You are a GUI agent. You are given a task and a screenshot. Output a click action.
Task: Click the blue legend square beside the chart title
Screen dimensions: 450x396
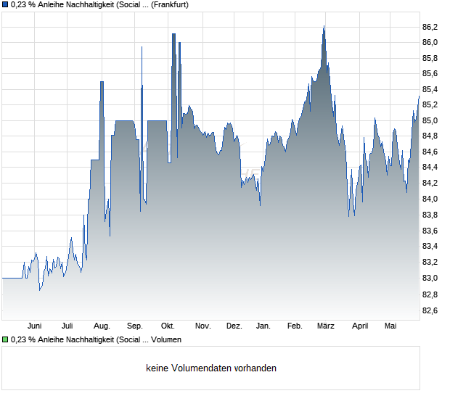tap(5, 4)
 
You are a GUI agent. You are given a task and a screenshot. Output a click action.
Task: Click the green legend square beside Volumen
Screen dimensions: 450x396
tap(5, 340)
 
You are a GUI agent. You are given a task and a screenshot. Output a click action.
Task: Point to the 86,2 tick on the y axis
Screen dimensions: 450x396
tap(430, 27)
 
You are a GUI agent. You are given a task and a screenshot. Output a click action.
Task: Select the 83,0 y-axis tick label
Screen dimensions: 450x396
tap(430, 278)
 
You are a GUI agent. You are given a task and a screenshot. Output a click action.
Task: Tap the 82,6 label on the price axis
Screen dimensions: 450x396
tap(430, 310)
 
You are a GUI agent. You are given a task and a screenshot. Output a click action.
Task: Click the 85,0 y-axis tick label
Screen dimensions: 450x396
tap(430, 120)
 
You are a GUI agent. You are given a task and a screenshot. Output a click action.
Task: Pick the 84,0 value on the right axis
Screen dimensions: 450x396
tap(430, 199)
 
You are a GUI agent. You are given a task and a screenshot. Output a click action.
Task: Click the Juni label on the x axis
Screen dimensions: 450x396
tap(34, 326)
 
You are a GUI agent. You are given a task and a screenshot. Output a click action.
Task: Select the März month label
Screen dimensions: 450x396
tap(326, 326)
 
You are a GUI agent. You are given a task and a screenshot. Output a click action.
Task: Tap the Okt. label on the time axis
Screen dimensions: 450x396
tap(168, 326)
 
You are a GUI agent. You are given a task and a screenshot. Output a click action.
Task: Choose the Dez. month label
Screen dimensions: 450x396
tap(234, 326)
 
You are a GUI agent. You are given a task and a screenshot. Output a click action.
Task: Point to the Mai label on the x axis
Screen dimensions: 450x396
tap(390, 326)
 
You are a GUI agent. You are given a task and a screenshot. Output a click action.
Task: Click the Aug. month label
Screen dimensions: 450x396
tap(102, 326)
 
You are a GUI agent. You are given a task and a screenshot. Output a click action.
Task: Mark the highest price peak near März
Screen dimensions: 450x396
tap(324, 26)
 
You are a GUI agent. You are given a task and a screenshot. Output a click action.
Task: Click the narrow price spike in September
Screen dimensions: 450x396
tap(142, 46)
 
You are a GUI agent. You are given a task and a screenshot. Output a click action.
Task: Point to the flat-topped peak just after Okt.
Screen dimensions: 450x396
tap(173, 34)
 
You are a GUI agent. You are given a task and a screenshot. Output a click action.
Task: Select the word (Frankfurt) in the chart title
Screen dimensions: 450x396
tap(170, 4)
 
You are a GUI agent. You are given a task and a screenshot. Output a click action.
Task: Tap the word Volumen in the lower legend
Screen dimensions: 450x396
tap(166, 340)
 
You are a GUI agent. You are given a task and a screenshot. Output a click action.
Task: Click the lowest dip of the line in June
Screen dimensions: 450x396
tap(40, 290)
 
